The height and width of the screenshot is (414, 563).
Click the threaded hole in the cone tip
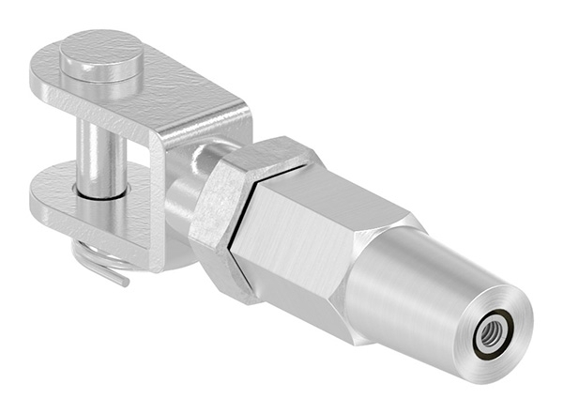(491, 332)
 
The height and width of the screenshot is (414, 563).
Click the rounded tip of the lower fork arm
(42, 202)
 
